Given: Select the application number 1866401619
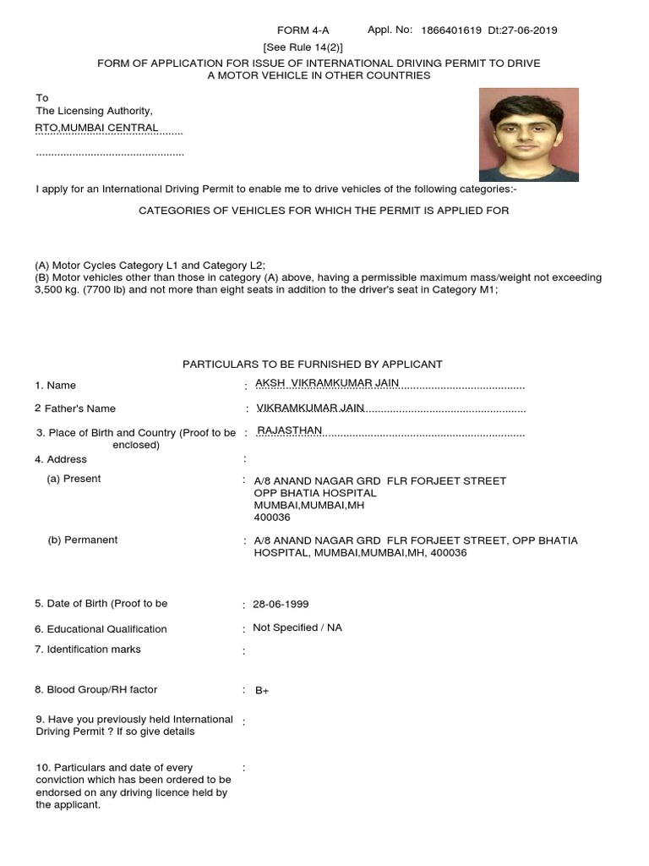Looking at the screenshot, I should coord(452,31).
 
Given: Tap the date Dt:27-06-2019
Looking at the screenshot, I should coord(523,31).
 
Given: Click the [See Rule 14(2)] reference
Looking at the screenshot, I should coord(303,47).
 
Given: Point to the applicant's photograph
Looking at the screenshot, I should coord(528,134).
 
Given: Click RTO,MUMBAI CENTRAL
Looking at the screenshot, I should coord(96,128).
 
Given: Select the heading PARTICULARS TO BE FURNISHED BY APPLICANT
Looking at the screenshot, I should coord(313,364).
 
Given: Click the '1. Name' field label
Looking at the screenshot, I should coord(56,386).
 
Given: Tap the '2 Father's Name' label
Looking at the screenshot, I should coord(75,408).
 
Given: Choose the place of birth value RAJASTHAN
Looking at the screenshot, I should coord(289,430).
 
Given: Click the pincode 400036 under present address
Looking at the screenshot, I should coord(272,517).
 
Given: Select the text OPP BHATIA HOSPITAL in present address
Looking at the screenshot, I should coord(315,493).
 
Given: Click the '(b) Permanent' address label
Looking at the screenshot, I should coord(83,540).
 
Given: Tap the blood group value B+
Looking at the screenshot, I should coord(262,690).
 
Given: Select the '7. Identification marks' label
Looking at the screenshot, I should coord(88,649).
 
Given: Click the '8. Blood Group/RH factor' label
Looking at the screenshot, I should coord(96,690).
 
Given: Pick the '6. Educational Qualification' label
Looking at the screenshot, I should coord(101,629).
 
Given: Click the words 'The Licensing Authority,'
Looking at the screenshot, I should coord(94,111).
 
